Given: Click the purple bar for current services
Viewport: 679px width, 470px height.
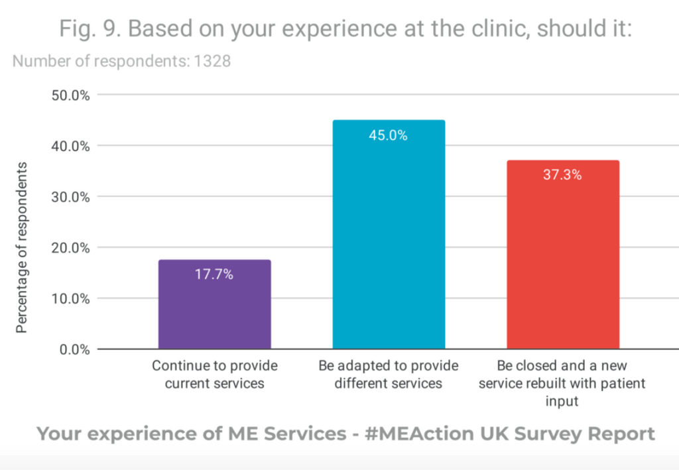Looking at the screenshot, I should pyautogui.click(x=214, y=304).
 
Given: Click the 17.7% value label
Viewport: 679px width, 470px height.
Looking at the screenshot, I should pyautogui.click(x=214, y=274).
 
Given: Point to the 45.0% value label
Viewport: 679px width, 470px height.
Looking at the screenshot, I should pyautogui.click(x=389, y=136).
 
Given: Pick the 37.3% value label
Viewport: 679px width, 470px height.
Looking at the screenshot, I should pyautogui.click(x=562, y=176).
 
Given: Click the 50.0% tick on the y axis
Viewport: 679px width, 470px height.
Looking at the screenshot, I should pyautogui.click(x=70, y=95).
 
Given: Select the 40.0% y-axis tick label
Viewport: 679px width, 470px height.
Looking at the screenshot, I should pyautogui.click(x=70, y=146).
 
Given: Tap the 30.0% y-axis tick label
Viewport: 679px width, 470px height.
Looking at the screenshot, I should pyautogui.click(x=70, y=197).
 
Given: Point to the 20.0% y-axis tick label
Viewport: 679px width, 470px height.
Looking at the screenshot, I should pyautogui.click(x=70, y=248).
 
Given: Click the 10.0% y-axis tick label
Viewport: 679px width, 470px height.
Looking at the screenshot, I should pyautogui.click(x=70, y=298).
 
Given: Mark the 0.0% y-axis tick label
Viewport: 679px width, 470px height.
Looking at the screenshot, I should pyautogui.click(x=74, y=349).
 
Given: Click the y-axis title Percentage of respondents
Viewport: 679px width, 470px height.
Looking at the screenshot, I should pyautogui.click(x=22, y=247).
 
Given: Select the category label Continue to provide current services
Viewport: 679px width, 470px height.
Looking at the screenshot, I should pyautogui.click(x=215, y=375).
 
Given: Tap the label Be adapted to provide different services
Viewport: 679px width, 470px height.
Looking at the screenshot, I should pyautogui.click(x=389, y=375).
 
